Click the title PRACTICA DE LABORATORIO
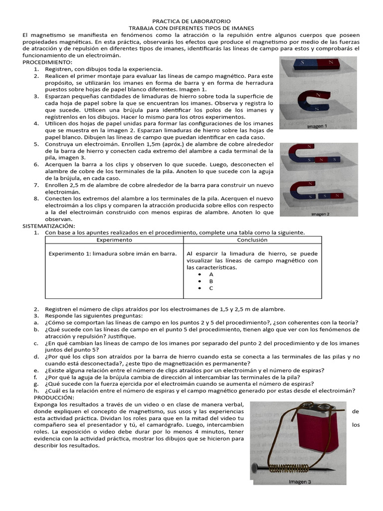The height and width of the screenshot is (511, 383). (x=191, y=21)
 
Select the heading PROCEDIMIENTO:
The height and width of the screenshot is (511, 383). (x=47, y=62)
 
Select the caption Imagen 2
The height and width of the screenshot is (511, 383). (x=322, y=215)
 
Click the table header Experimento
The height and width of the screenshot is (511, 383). (x=114, y=240)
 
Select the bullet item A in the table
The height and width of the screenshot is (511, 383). (x=211, y=274)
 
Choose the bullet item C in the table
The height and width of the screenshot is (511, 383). (x=211, y=288)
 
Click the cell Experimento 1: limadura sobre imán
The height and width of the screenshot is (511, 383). (x=112, y=254)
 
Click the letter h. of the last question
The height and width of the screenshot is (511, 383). (x=36, y=391)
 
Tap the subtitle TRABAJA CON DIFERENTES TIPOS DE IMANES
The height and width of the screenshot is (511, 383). (x=191, y=28)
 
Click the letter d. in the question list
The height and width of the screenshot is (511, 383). (x=36, y=356)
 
